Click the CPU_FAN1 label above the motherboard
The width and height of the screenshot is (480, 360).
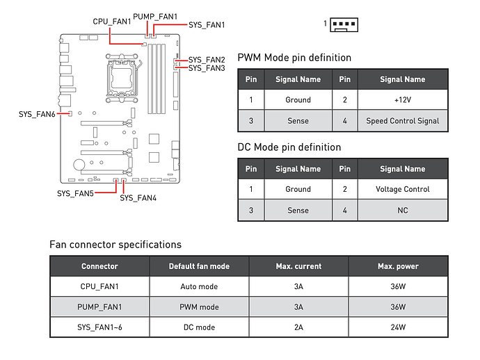click(113, 22)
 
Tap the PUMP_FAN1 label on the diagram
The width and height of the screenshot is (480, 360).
click(154, 15)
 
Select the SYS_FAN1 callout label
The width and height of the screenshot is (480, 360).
click(207, 24)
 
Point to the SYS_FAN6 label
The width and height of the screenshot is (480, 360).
click(37, 113)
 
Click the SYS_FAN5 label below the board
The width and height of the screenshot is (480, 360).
click(75, 193)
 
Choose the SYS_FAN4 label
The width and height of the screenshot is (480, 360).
click(138, 198)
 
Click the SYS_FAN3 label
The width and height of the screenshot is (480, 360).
click(207, 68)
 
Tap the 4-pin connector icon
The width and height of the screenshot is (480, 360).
click(343, 24)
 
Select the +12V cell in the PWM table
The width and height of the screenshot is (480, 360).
click(402, 99)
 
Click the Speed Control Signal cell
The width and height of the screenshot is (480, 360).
click(402, 120)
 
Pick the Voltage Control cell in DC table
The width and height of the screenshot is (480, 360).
click(402, 189)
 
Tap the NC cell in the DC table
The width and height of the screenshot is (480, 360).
click(402, 210)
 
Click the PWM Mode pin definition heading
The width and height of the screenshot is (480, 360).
click(294, 58)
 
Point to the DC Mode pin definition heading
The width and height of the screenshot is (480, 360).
click(289, 147)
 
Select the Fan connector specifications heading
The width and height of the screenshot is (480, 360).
click(115, 245)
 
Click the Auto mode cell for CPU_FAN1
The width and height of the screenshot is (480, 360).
click(198, 286)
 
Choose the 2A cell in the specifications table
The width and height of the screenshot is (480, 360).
click(298, 327)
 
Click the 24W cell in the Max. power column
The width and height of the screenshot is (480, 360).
click(397, 327)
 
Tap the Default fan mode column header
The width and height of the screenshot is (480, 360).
click(198, 266)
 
